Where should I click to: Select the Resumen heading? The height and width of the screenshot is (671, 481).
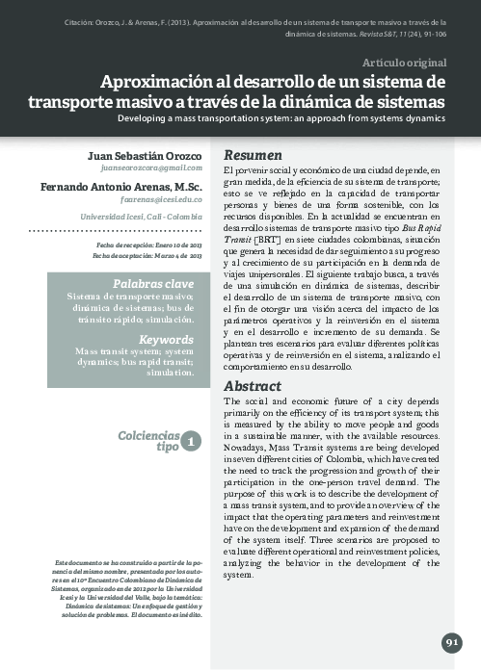tap(253, 155)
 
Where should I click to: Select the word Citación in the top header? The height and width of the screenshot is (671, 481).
tap(83, 19)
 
